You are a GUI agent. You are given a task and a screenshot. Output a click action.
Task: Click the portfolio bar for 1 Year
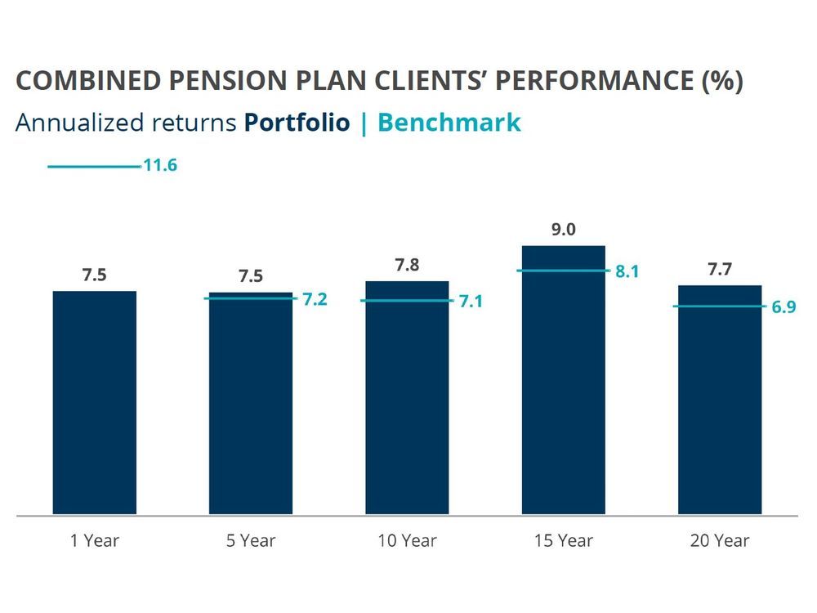pos(94,402)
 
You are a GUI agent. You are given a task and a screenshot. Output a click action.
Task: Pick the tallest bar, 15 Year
pos(563,379)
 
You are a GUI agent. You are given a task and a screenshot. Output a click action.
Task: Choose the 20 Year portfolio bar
pos(720,400)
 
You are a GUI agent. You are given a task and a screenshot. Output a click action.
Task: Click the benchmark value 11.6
pos(160,166)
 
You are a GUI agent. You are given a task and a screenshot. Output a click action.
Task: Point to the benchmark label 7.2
pos(315,300)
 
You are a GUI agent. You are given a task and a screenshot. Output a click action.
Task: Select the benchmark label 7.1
pos(471,302)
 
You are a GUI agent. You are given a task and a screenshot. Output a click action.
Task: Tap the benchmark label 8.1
pos(627,272)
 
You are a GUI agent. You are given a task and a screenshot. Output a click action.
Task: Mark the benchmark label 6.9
pos(784,308)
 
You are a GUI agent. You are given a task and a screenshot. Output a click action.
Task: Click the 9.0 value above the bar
pos(563,230)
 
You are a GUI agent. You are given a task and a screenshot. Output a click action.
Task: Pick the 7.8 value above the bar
pos(407,266)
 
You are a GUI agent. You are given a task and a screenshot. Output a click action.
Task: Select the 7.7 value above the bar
pos(720,270)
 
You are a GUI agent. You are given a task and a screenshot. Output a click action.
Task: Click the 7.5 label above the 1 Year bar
pos(94,275)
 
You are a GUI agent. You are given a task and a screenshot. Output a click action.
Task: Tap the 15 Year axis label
pos(563,540)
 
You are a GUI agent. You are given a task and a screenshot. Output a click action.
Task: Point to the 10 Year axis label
pos(407,540)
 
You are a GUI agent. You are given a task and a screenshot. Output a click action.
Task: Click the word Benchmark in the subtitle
pos(449,123)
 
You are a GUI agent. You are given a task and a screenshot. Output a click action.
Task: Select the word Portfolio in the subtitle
pos(297,123)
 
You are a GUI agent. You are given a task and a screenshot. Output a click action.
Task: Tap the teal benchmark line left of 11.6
pos(94,167)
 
